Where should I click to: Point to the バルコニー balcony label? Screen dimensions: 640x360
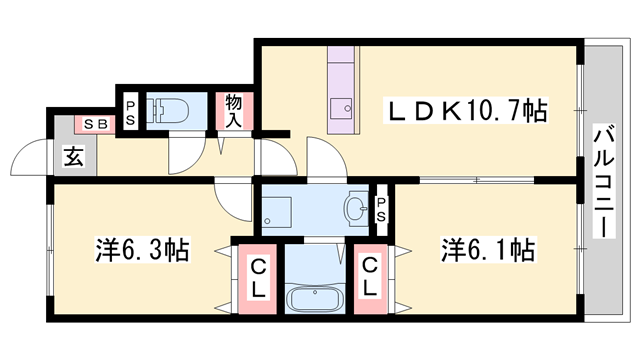[x=604, y=180]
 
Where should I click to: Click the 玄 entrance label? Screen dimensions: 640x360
[x=74, y=156]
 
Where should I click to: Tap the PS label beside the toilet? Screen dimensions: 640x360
[x=131, y=112]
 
